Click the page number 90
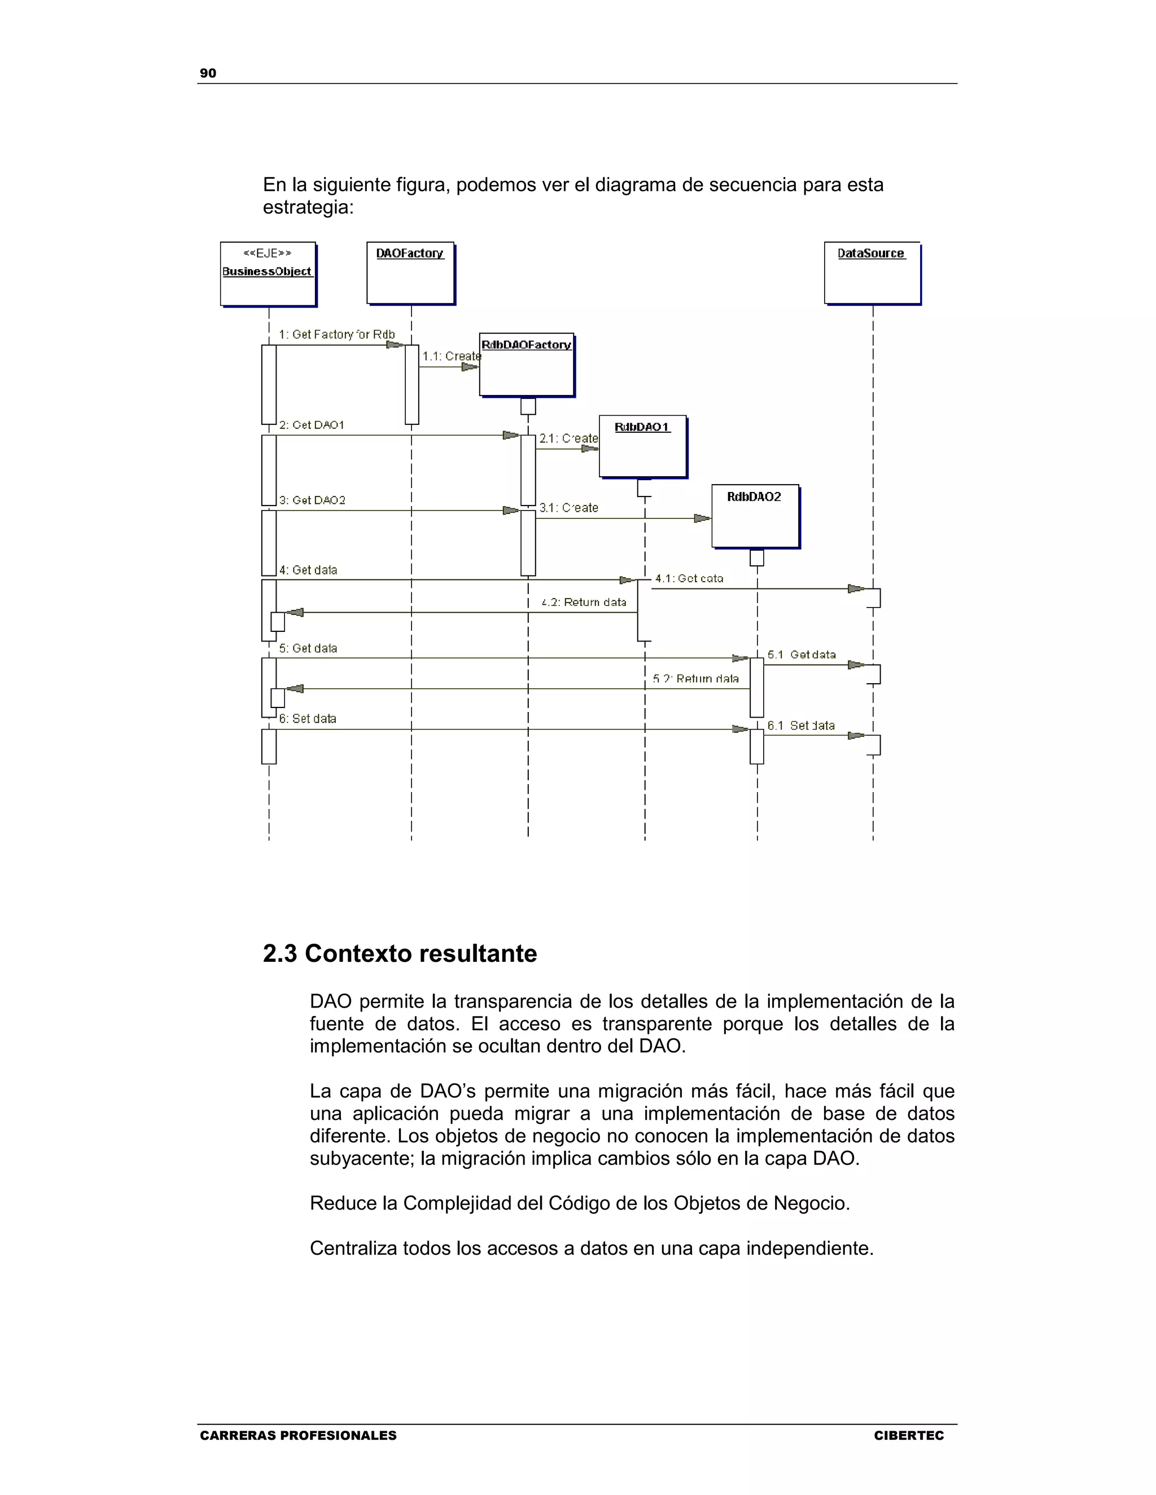tap(208, 73)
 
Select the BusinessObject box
tap(267, 274)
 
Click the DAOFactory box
tap(410, 272)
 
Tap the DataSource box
tap(871, 272)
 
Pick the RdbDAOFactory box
tap(526, 365)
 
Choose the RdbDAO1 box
tap(642, 446)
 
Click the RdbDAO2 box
tap(754, 516)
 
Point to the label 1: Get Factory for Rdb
tap(336, 334)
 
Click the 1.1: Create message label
tap(452, 356)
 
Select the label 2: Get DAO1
tap(311, 425)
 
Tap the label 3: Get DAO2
tap(312, 500)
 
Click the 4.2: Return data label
tap(584, 603)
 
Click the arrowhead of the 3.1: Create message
tap(702, 518)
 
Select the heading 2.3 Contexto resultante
tap(400, 953)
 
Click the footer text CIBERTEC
tap(908, 1435)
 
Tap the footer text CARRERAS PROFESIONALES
tap(298, 1435)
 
